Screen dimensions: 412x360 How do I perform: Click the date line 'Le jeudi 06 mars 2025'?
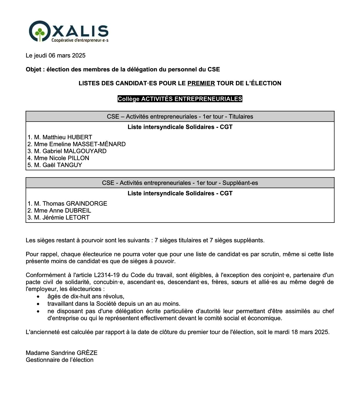pyautogui.click(x=55, y=55)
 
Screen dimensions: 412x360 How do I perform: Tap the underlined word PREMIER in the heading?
pyautogui.click(x=201, y=83)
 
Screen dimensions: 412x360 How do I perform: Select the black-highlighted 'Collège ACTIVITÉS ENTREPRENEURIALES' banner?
pyautogui.click(x=180, y=99)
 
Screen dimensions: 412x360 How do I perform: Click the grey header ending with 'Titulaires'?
pyautogui.click(x=180, y=117)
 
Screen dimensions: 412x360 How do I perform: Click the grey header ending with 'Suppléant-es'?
pyautogui.click(x=180, y=183)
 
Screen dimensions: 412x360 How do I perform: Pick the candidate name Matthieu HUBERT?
pyautogui.click(x=67, y=137)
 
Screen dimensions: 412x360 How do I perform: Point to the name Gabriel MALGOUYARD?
pyautogui.click(x=74, y=151)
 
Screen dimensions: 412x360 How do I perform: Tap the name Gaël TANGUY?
pyautogui.click(x=62, y=165)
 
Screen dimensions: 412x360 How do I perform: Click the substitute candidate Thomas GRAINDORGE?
pyautogui.click(x=75, y=204)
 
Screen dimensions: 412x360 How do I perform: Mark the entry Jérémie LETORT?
pyautogui.click(x=66, y=218)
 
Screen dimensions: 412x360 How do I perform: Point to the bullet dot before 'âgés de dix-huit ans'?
pyautogui.click(x=38, y=297)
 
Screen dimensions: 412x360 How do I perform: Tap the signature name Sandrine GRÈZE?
pyautogui.click(x=74, y=353)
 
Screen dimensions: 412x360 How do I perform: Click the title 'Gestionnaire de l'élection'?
pyautogui.click(x=60, y=360)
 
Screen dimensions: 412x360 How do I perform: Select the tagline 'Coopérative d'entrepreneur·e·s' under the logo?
pyautogui.click(x=80, y=40)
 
